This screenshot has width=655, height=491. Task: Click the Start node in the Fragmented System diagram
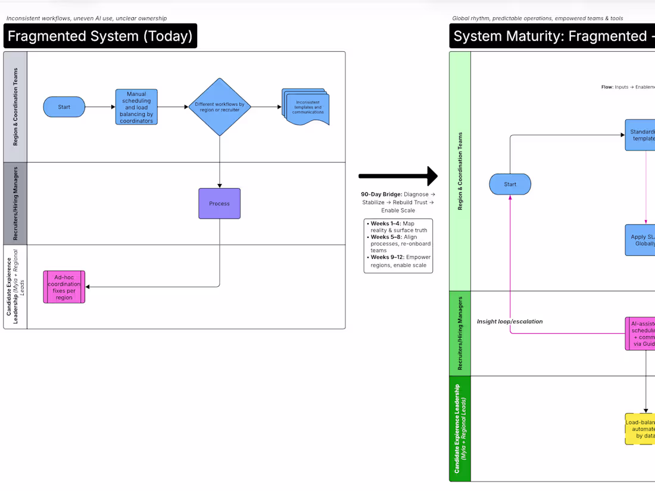64,107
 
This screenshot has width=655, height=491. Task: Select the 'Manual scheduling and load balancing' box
136,107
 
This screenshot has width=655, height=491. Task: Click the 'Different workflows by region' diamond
220,107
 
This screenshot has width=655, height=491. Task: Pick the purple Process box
219,204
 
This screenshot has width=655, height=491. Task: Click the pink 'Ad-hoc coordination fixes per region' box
64,287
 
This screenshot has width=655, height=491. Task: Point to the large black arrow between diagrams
398,176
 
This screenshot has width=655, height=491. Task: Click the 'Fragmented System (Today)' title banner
100,36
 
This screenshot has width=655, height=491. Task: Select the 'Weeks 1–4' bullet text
398,227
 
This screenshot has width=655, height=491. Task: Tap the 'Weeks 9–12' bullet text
398,261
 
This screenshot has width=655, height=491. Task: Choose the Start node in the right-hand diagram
510,184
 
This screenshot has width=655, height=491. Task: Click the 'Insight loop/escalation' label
510,321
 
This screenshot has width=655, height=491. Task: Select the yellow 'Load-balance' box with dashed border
640,429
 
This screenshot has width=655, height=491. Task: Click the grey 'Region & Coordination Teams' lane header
15,107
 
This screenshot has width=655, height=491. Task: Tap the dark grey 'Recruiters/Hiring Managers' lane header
15,203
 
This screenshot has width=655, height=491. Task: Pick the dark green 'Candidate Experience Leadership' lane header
460,429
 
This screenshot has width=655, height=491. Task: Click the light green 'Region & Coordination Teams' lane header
460,171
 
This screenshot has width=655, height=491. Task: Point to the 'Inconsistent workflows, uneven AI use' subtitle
86,18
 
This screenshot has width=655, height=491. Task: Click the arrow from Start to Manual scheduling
100,107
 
